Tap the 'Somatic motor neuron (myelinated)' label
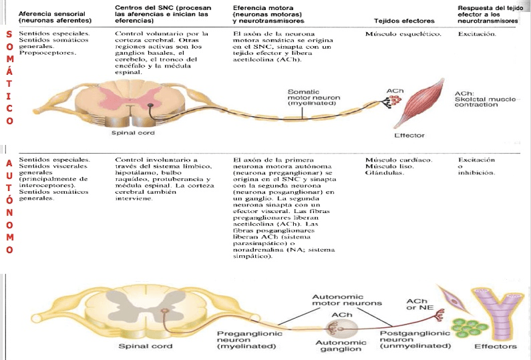pos(313,98)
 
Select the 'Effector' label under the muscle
pos(409,136)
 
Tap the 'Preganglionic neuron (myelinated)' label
pos(246,340)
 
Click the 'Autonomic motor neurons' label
pos(348,299)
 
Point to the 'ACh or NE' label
pos(417,305)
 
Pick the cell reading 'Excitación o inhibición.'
pos(477,166)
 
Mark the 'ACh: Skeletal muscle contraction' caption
pos(484,99)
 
